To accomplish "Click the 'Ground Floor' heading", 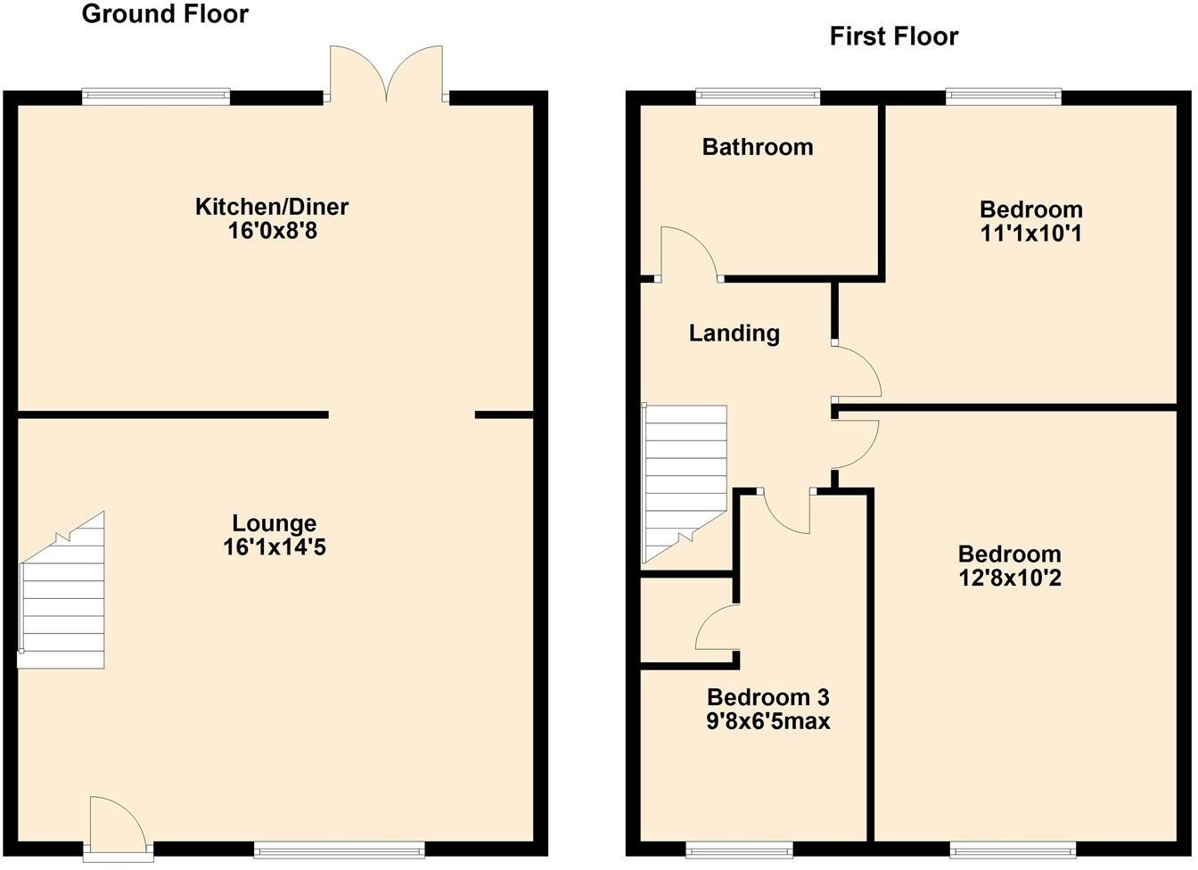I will pos(165,14).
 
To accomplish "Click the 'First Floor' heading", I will pos(893,37).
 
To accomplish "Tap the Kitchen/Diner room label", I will pos(272,207).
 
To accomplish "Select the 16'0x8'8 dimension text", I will pos(272,231).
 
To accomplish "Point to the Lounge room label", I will pos(275,523).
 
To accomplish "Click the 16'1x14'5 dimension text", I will pos(275,546).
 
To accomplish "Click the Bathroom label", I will pos(758,147).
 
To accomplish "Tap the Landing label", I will pos(734,333).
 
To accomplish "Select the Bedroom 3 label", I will pos(767,697).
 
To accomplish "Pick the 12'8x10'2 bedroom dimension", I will pos(1009,578).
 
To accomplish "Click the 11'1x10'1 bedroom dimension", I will pos(1031,234).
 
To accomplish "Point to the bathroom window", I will pos(758,96).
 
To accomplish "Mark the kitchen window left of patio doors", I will pos(156,96).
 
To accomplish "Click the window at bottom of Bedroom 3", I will pos(738,847).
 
